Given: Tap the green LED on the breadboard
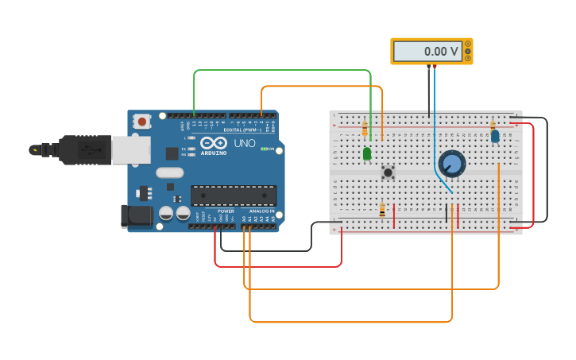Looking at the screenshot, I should pos(367,153).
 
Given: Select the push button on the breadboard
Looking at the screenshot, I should pos(389,172).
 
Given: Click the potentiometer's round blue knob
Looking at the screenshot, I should pos(451,164).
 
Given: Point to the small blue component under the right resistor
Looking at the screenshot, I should pos(495,137).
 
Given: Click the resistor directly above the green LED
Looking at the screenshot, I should pos(365,129).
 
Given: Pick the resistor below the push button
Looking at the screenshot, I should pos(382,210).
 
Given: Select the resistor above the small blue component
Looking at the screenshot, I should pos(493,125).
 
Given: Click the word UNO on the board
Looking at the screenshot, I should pos(244,144).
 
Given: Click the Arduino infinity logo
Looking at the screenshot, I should pos(214,142).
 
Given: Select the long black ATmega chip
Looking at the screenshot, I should pos(234,195).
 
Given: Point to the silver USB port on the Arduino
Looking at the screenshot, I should pos(127,149).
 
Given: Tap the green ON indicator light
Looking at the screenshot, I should pos(265,149).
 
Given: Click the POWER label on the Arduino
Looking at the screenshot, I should pos(226,211).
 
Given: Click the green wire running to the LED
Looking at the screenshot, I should pos(282,71).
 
